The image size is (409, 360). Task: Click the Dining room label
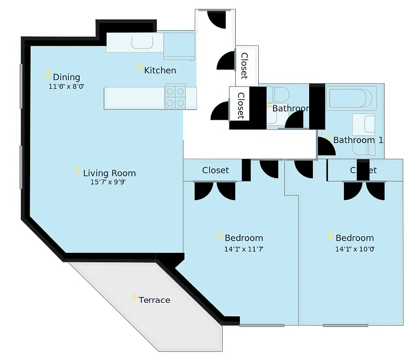pos(66,77)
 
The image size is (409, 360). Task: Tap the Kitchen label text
pos(160,70)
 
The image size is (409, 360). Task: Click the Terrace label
pos(154,300)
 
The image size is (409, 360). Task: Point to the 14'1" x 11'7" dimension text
pos(243,249)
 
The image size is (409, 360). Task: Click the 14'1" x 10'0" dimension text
pos(355,249)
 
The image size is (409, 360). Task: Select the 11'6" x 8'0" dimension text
pos(66,86)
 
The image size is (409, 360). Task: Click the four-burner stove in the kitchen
pos(175,97)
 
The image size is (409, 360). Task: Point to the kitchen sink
pos(141,42)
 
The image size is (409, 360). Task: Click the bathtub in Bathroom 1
pos(350,99)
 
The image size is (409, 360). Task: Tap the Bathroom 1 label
pos(358,140)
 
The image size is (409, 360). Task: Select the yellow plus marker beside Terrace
pos(134,297)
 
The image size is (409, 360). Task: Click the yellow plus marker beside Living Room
pos(78,170)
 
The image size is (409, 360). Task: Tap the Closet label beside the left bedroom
pos(215,170)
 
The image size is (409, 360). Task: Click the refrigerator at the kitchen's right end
pos(179,45)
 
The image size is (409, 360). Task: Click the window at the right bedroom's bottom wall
pos(346,325)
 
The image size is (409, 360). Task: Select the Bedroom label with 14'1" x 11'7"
pos(243,238)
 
